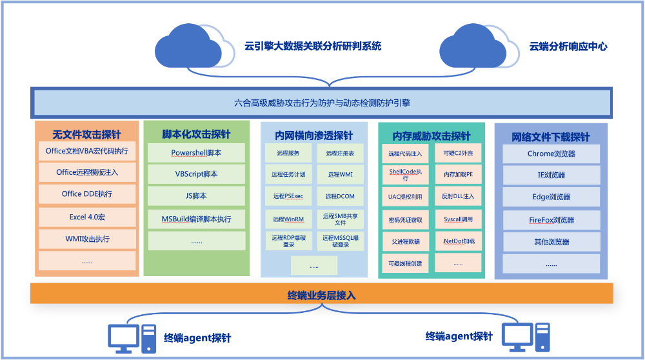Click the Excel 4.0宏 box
(86, 217)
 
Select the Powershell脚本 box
(196, 154)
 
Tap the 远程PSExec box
(288, 196)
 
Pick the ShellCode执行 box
(404, 174)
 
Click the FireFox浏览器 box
(551, 220)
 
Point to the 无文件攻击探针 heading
(86, 135)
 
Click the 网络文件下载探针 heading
(551, 137)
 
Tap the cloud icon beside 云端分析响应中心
(479, 46)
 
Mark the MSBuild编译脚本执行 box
(196, 219)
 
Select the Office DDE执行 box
(86, 194)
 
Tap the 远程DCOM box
(340, 196)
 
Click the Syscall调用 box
(458, 219)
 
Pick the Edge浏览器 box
(551, 197)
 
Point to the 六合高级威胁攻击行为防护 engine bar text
(321, 103)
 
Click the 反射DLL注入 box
(458, 196)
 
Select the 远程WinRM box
(288, 219)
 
